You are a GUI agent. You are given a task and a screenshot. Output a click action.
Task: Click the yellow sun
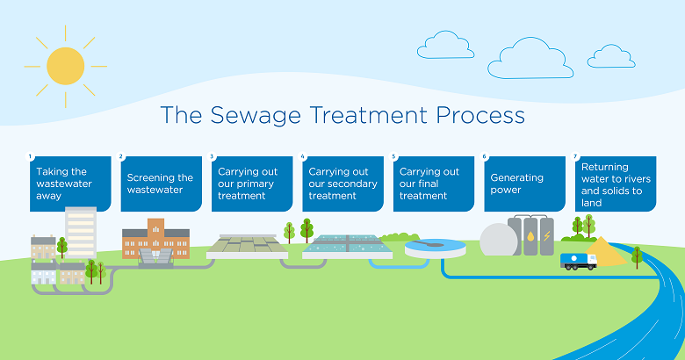coord(65,66)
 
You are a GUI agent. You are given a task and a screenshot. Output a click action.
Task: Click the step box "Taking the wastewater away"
coord(70,184)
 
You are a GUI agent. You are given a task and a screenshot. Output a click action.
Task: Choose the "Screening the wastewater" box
coord(161,184)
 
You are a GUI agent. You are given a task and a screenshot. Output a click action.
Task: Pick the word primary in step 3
coord(257,184)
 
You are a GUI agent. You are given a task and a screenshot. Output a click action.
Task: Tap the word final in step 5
coord(436,184)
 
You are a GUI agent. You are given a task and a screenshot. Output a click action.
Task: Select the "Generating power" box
coord(525,184)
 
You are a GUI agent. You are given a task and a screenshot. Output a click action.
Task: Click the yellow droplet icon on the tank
coord(531,236)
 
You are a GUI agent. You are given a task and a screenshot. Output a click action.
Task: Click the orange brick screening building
coord(155,243)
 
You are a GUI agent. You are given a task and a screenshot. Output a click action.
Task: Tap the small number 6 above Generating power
coord(485,157)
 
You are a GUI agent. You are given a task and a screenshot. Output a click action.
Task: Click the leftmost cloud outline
coord(445,46)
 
